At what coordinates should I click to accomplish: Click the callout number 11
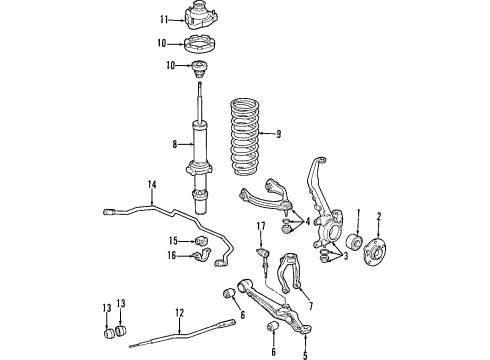[x=164, y=20]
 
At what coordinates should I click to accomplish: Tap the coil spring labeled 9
[x=245, y=137]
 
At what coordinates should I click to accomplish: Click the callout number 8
[x=175, y=145]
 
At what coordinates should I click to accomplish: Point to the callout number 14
[x=152, y=185]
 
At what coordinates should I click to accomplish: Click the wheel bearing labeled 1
[x=353, y=242]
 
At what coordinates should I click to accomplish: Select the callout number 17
[x=261, y=226]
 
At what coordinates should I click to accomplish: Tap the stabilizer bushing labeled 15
[x=201, y=240]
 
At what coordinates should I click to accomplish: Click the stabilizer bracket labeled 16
[x=203, y=256]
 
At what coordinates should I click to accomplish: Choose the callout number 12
[x=179, y=313]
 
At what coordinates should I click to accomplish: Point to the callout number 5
[x=305, y=356]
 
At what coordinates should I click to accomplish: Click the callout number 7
[x=311, y=306]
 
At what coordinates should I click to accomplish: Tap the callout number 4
[x=307, y=221]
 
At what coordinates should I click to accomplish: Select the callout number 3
[x=345, y=256]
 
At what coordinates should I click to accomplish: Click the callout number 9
[x=279, y=134]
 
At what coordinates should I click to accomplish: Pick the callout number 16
[x=171, y=256]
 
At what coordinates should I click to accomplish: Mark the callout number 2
[x=379, y=217]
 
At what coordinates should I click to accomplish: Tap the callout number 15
[x=173, y=240]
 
